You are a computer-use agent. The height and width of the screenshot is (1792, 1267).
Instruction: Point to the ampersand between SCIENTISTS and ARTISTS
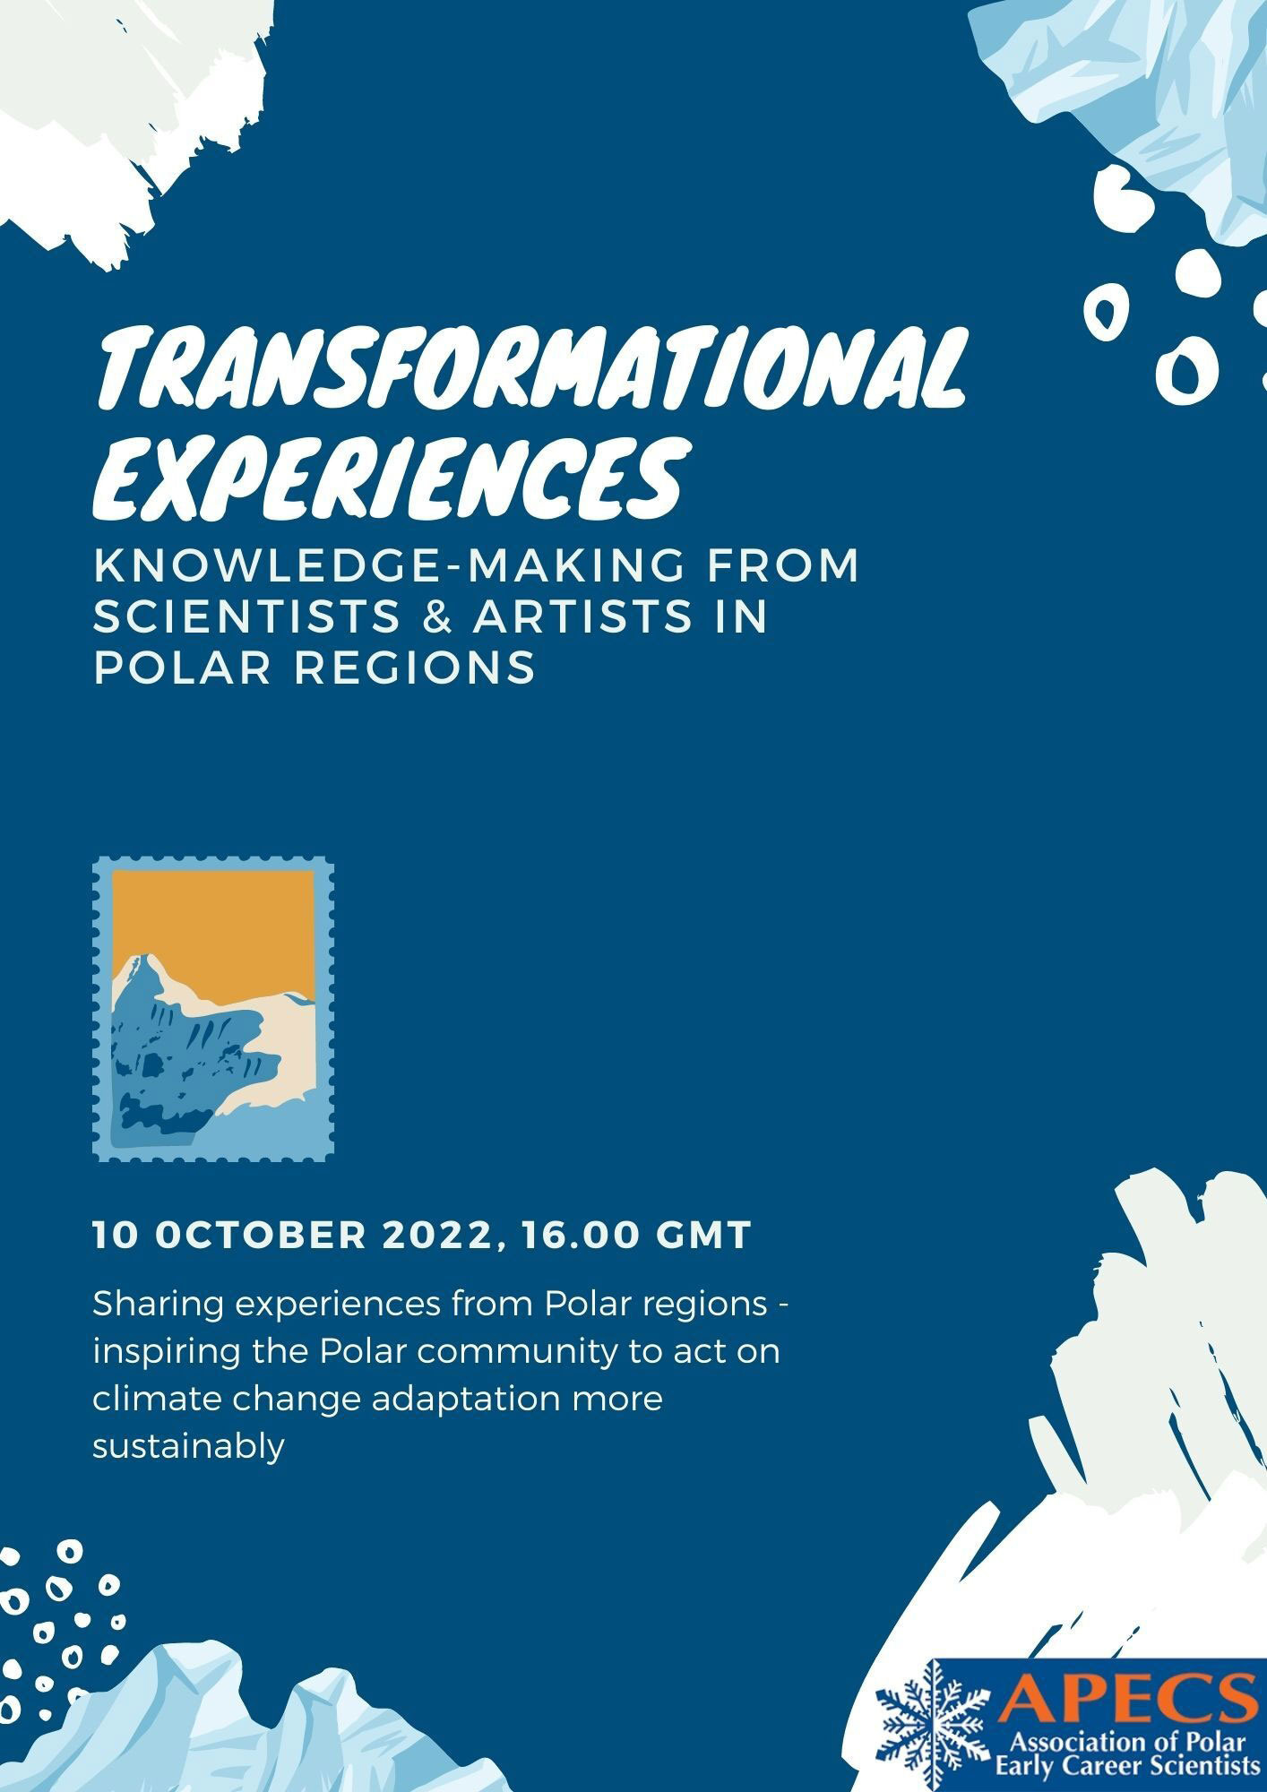point(436,617)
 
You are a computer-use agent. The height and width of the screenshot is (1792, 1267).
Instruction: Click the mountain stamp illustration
point(214,1010)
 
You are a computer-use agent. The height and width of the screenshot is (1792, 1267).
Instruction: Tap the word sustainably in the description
point(188,1446)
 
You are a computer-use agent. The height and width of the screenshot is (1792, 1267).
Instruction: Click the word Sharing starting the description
point(157,1305)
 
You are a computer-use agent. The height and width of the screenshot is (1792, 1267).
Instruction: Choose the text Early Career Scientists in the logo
point(1127,1767)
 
